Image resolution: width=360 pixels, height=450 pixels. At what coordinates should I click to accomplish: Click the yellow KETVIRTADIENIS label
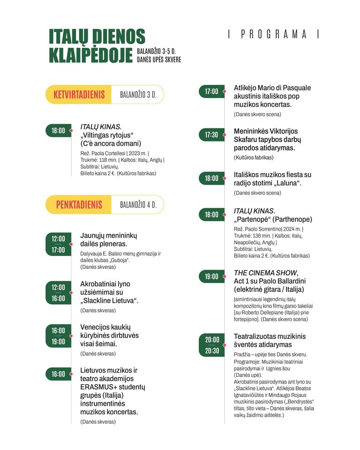(x=79, y=94)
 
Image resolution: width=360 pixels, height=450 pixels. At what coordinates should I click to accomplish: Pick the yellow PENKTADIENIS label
(x=79, y=204)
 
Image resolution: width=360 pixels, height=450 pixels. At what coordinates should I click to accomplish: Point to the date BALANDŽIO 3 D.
(x=138, y=94)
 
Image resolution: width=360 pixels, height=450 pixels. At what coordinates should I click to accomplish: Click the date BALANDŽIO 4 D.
(x=138, y=205)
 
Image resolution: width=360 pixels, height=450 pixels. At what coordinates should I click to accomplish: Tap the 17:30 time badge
(x=211, y=135)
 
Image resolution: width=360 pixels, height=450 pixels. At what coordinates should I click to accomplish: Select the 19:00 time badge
(x=211, y=277)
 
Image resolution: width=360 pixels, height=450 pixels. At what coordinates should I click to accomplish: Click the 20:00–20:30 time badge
(x=212, y=345)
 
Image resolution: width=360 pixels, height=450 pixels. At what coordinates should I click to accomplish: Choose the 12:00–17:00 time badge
(x=58, y=244)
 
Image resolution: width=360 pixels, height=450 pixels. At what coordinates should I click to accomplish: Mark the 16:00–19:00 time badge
(x=58, y=336)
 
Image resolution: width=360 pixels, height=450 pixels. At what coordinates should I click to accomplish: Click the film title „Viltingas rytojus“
(x=105, y=135)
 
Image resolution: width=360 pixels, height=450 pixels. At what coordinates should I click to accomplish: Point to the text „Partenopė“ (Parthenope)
(x=273, y=219)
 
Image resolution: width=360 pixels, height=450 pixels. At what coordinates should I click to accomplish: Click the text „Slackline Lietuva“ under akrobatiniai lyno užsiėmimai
(x=109, y=300)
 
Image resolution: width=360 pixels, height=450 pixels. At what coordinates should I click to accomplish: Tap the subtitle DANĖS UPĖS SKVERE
(x=159, y=60)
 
